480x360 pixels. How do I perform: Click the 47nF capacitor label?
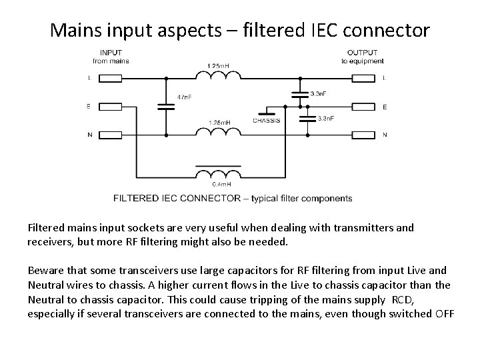(x=184, y=97)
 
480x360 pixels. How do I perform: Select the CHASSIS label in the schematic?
(x=266, y=121)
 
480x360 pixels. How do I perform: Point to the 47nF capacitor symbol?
(x=165, y=105)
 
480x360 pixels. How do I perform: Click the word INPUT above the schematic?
(x=111, y=53)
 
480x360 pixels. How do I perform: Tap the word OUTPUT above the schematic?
(x=362, y=53)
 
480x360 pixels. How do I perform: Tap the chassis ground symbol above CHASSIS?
(x=267, y=109)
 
